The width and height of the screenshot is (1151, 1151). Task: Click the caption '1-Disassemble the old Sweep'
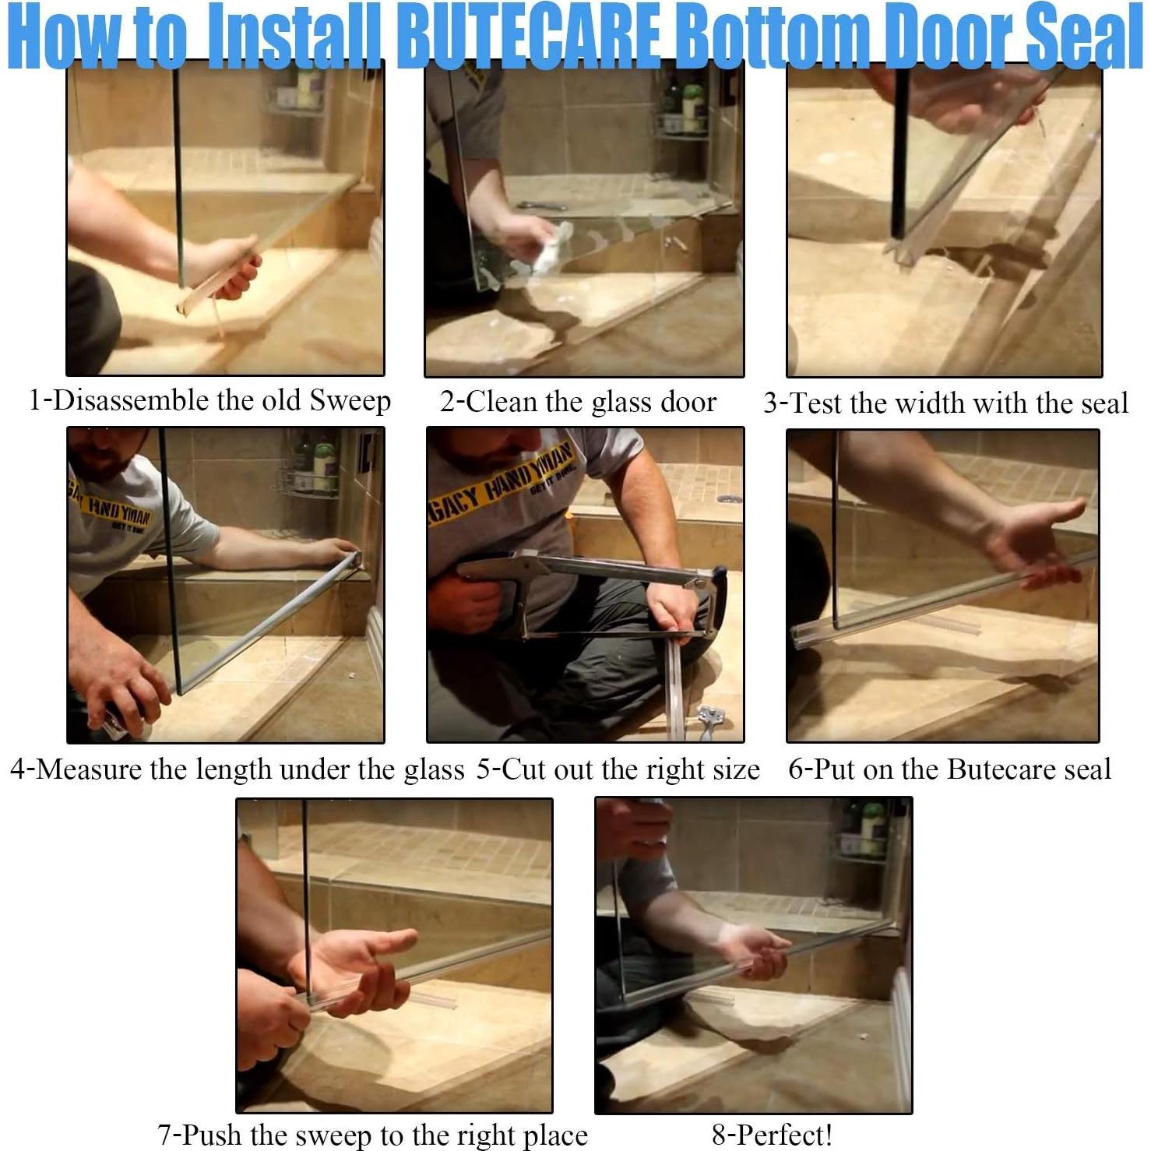click(209, 401)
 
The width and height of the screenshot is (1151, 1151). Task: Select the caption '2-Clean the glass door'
click(578, 402)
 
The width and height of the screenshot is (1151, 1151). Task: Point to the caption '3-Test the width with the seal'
click(945, 403)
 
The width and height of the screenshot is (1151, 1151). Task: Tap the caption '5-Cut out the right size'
click(618, 769)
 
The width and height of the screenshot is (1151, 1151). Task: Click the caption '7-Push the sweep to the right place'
click(372, 1135)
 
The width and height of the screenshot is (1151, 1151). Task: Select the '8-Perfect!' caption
click(772, 1135)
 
